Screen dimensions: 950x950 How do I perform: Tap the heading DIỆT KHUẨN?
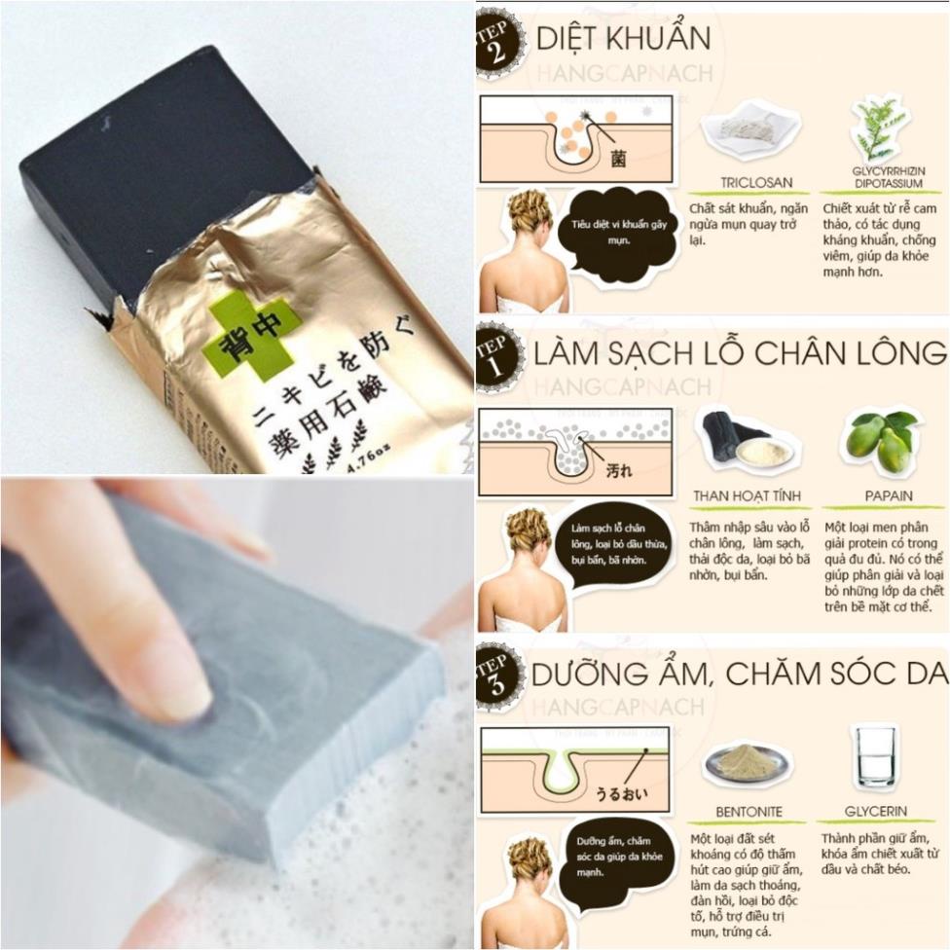coord(623,39)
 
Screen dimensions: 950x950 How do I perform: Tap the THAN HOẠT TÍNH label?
coord(748,495)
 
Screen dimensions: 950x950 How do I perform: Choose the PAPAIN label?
coord(888,495)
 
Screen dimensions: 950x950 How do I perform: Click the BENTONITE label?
coord(747,811)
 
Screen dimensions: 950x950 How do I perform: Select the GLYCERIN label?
coord(876,811)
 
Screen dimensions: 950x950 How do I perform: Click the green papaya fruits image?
coord(880,440)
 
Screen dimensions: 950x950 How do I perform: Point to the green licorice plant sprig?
coord(878,128)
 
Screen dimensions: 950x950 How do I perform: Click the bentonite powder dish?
coord(748,763)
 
